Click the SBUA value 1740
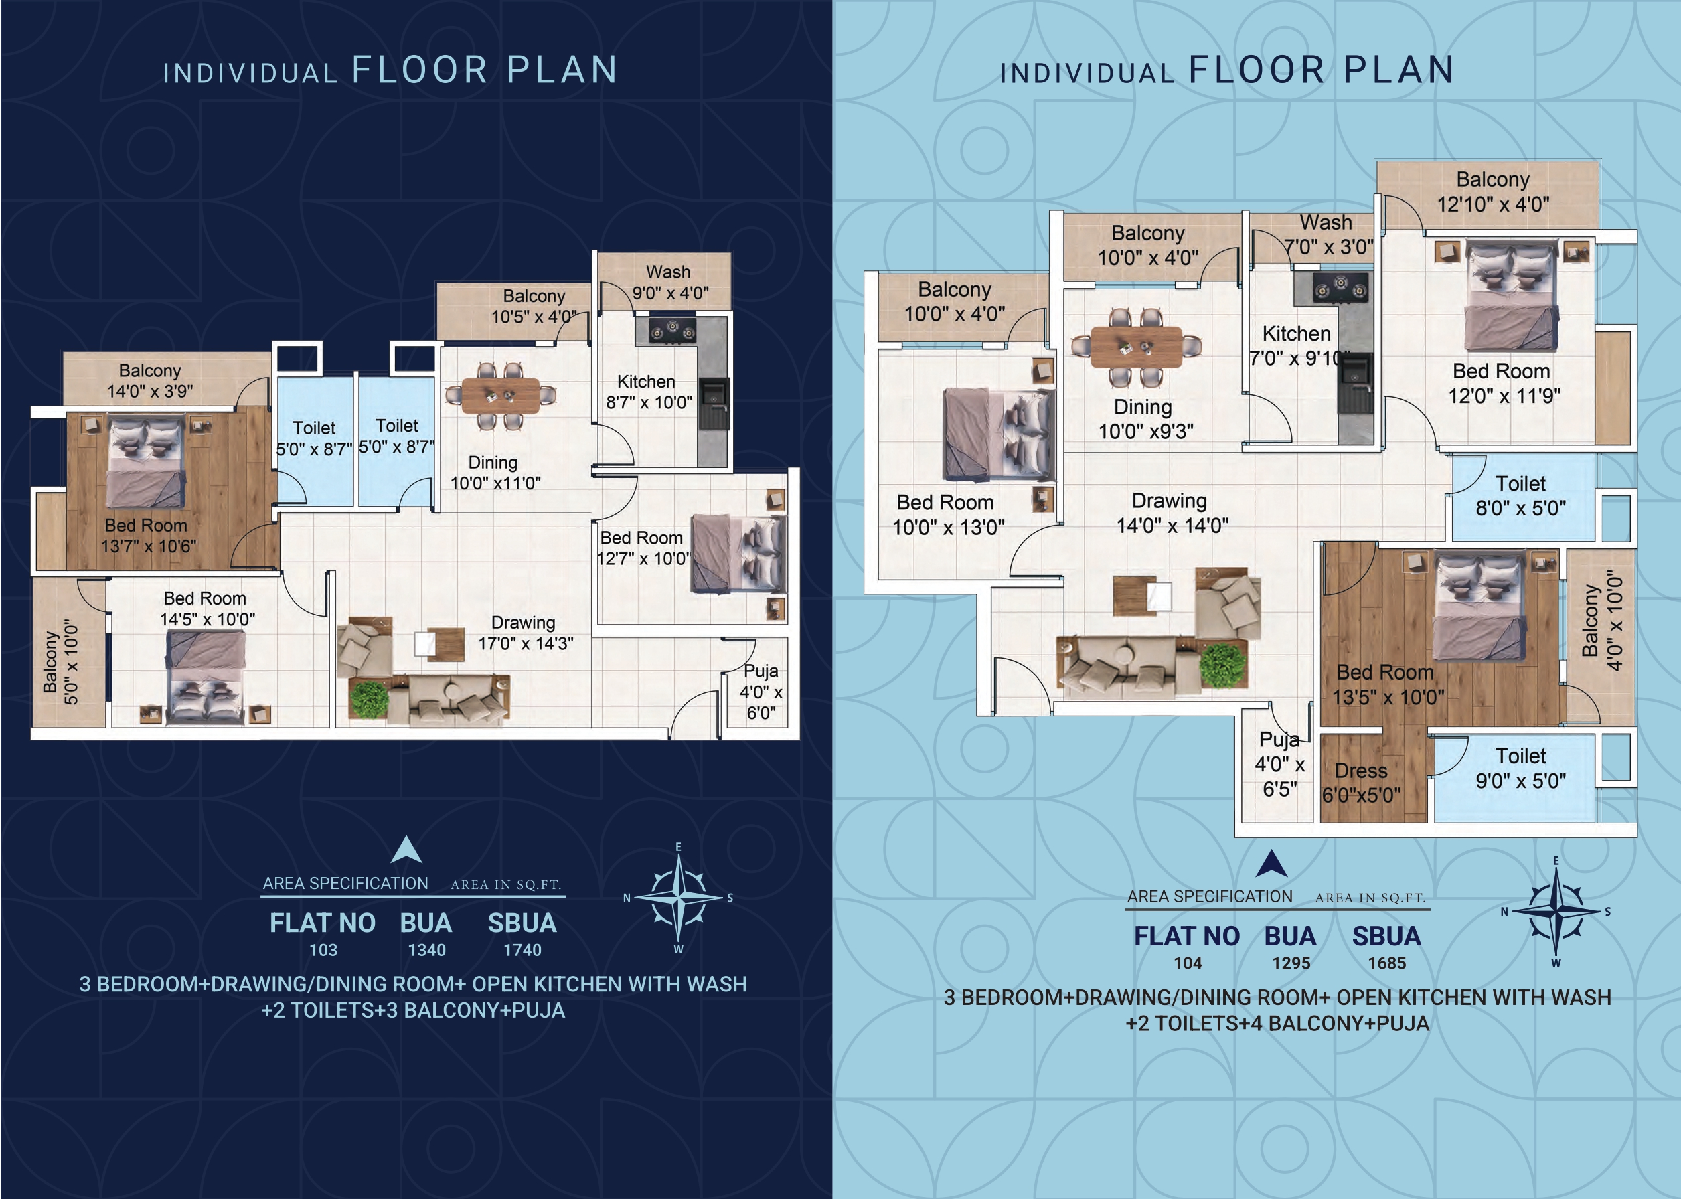(522, 950)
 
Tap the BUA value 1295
(1291, 963)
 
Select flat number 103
(323, 950)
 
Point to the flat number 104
(1188, 963)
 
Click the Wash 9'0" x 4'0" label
(669, 283)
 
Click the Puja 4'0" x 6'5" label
(1279, 764)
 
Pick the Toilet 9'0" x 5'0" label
(1520, 768)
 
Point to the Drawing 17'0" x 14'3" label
(525, 633)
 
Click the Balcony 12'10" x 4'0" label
(1493, 191)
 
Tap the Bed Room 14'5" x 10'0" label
(207, 609)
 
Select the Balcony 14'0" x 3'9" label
(150, 380)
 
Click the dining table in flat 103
(501, 396)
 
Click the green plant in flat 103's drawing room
(369, 698)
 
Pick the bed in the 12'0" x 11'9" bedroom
(1513, 296)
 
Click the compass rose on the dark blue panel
(678, 898)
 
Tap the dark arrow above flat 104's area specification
(1271, 863)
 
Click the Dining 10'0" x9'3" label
(1144, 418)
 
